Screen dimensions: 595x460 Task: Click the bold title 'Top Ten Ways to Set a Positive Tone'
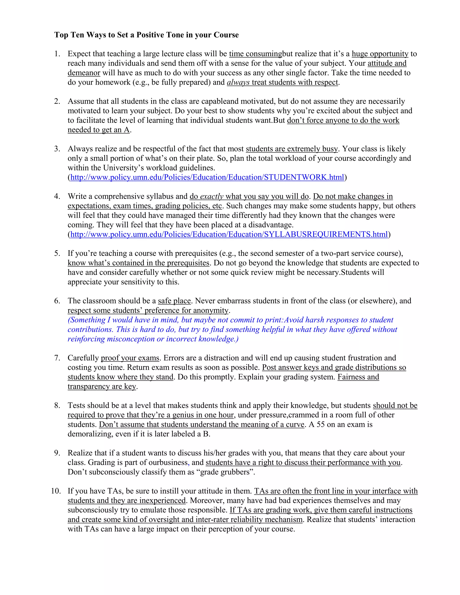coord(146,35)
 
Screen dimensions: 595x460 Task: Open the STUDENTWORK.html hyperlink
coord(207,177)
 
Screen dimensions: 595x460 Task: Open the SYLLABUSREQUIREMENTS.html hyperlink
coord(229,234)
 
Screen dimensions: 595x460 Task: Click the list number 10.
coord(56,491)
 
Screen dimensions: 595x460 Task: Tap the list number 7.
coord(57,358)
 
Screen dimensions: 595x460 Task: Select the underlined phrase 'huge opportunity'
coord(380,54)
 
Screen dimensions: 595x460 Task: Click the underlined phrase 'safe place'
coord(174,301)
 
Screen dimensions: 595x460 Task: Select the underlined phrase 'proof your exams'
coord(130,358)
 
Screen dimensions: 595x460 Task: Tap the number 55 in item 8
coord(320,424)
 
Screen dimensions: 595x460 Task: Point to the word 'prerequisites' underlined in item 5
coord(188,263)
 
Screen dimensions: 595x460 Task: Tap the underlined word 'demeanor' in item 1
coord(84,73)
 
